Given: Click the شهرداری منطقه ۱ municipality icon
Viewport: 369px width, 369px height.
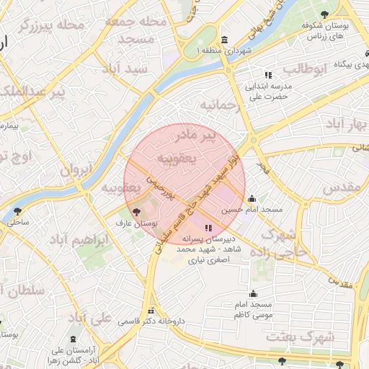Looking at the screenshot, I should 225,39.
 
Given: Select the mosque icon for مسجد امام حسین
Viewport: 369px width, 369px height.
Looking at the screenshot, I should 252,200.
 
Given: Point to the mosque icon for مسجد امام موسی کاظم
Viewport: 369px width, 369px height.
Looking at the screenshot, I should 253,294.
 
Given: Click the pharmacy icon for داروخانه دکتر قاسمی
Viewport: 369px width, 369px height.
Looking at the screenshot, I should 151,311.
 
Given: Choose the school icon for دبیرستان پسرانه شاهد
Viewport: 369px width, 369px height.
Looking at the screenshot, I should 209,228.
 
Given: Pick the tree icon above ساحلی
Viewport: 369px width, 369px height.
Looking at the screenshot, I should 17,211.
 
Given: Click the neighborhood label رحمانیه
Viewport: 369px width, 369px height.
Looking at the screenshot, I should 221,105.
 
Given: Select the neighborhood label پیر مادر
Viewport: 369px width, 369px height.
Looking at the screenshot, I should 197,135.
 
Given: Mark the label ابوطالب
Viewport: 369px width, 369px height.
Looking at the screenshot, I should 304,69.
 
